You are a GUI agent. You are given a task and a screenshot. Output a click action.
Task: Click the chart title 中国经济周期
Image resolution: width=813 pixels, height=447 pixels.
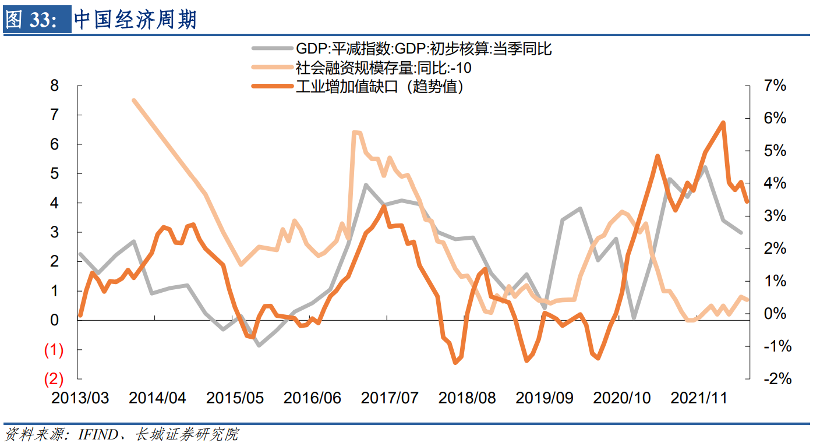pyautogui.click(x=135, y=20)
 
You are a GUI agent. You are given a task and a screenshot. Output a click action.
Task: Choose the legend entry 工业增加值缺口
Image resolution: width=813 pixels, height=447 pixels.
pyautogui.click(x=379, y=87)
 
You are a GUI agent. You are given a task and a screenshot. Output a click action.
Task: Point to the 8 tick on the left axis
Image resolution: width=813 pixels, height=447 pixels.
pyautogui.click(x=55, y=86)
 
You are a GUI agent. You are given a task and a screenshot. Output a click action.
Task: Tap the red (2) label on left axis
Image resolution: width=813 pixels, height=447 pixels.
pyautogui.click(x=54, y=379)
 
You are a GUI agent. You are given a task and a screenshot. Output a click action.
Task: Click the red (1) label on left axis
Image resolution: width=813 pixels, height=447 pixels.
pyautogui.click(x=54, y=350)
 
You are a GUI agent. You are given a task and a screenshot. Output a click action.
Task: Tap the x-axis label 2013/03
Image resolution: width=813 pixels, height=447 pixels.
pyautogui.click(x=80, y=398)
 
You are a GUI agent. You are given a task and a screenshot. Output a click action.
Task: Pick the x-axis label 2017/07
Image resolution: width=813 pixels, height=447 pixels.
pyautogui.click(x=390, y=398)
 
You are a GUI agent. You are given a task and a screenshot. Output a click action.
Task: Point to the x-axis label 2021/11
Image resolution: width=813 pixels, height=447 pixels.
pyautogui.click(x=699, y=398)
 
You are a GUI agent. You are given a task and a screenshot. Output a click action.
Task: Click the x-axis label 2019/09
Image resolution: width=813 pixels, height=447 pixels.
pyautogui.click(x=545, y=398)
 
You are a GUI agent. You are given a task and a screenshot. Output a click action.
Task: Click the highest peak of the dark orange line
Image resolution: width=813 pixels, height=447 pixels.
pyautogui.click(x=723, y=123)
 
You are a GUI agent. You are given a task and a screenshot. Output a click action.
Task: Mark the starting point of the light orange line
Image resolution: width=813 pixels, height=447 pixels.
pyautogui.click(x=134, y=101)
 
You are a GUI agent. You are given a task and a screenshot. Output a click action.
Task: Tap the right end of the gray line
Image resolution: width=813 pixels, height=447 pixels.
pyautogui.click(x=741, y=232)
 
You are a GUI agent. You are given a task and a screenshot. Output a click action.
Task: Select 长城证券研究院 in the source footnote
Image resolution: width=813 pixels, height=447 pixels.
pyautogui.click(x=186, y=434)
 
